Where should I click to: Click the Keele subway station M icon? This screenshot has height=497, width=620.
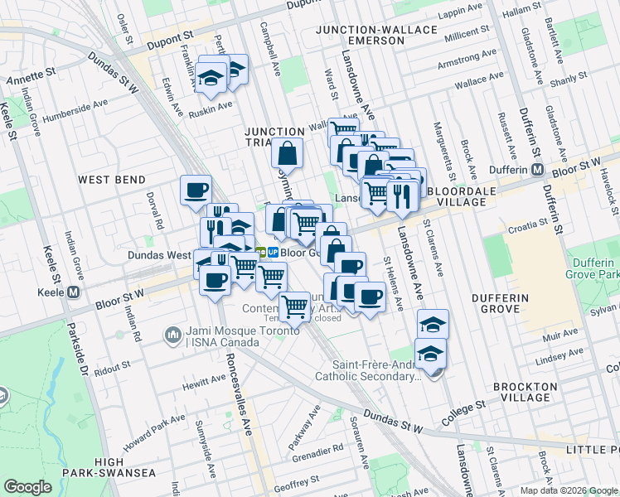tap(75, 292)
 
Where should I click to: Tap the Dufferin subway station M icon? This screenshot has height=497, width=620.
tap(537, 170)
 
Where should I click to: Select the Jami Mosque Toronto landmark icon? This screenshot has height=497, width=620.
tap(173, 335)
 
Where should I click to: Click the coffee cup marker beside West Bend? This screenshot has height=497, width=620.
tap(196, 191)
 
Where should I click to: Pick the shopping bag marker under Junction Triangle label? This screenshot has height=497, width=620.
tap(287, 153)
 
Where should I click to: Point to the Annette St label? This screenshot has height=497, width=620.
tap(31, 80)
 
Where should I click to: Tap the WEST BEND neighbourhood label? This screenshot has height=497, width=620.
tap(111, 180)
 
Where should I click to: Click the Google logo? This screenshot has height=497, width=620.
tap(28, 486)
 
